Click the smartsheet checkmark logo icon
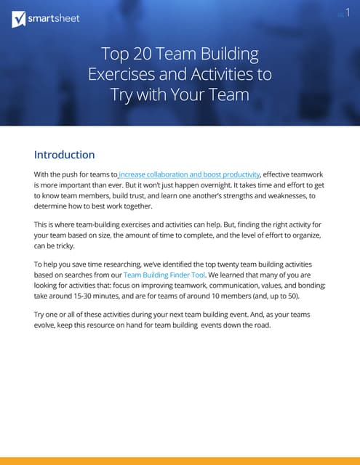(x=20, y=19)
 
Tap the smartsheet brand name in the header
(x=55, y=19)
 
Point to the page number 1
(x=348, y=15)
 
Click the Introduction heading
(x=65, y=155)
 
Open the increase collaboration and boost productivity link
(x=189, y=175)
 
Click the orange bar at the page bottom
(x=180, y=461)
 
